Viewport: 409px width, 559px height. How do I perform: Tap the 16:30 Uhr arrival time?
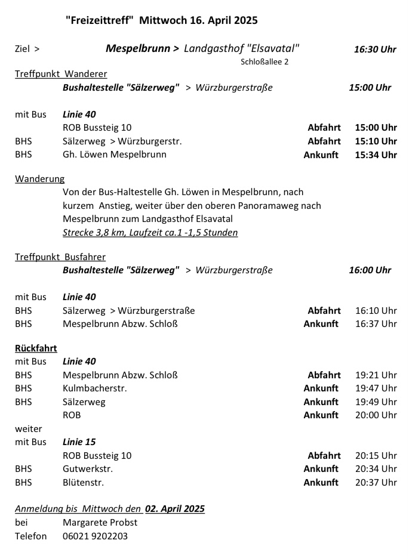pyautogui.click(x=374, y=49)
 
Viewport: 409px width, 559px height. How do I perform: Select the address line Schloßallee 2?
pyautogui.click(x=265, y=61)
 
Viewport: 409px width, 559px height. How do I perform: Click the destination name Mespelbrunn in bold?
pyautogui.click(x=138, y=48)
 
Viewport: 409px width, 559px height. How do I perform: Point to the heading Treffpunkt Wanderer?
pyautogui.click(x=61, y=74)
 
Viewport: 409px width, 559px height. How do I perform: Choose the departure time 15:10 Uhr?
pyautogui.click(x=376, y=141)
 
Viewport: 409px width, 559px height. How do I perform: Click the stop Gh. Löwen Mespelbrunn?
pyautogui.click(x=115, y=155)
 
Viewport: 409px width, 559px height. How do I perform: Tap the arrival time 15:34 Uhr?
pyautogui.click(x=376, y=155)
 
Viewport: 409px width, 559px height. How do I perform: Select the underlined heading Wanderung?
pyautogui.click(x=40, y=178)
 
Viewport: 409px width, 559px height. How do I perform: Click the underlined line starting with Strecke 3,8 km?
pyautogui.click(x=150, y=232)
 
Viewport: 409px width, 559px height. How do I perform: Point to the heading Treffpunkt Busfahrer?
pyautogui.click(x=60, y=257)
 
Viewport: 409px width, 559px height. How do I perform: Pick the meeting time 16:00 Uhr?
pyautogui.click(x=370, y=270)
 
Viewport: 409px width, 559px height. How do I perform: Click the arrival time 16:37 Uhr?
pyautogui.click(x=376, y=324)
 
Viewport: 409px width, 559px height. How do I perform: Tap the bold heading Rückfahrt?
pyautogui.click(x=36, y=348)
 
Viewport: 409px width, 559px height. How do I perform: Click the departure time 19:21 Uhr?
pyautogui.click(x=376, y=375)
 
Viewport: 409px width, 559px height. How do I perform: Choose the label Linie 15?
pyautogui.click(x=79, y=442)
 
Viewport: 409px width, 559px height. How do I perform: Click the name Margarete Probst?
pyautogui.click(x=100, y=523)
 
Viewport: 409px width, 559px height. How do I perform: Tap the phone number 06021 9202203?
pyautogui.click(x=95, y=536)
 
